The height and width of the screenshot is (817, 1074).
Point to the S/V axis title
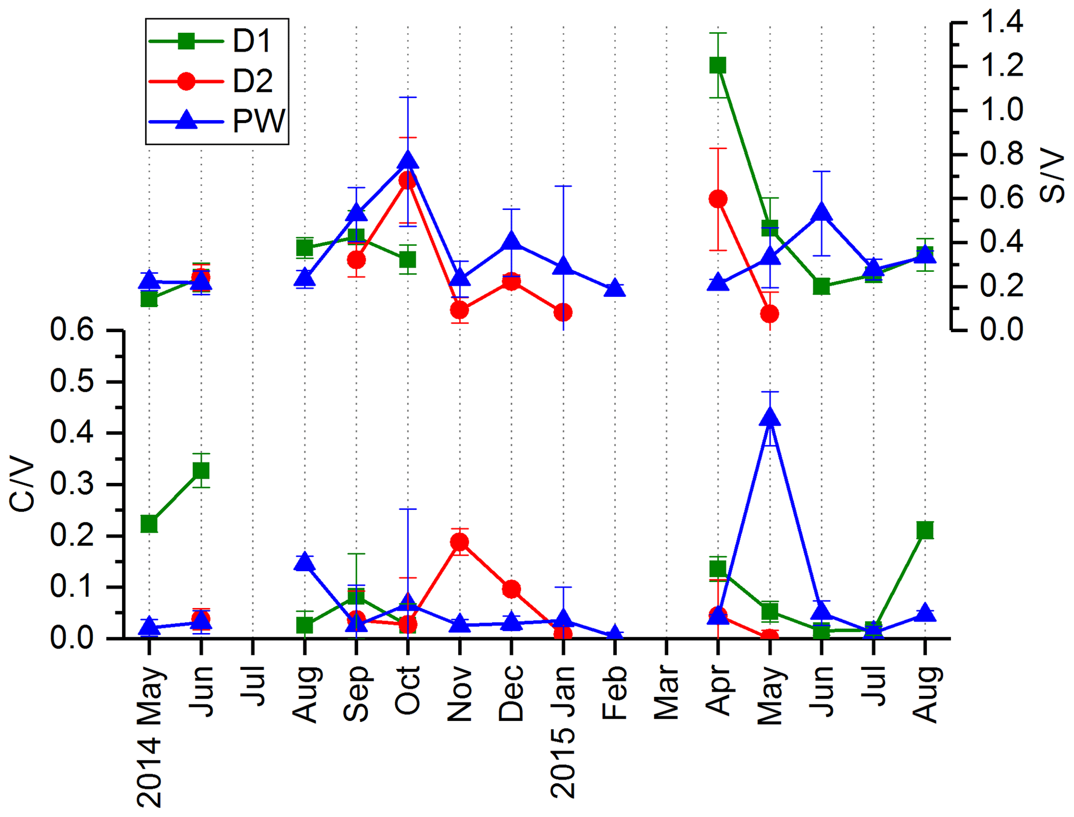click(1052, 176)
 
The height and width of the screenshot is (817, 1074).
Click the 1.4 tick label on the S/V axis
click(1001, 23)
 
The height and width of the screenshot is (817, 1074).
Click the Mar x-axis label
click(667, 694)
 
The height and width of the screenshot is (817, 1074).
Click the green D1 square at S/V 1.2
click(718, 65)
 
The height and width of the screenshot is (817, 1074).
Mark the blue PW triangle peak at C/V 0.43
click(770, 418)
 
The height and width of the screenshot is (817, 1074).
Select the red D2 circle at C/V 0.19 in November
click(459, 542)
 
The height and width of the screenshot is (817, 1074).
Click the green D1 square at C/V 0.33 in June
click(201, 470)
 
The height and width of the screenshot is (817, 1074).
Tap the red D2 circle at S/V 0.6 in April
click(718, 199)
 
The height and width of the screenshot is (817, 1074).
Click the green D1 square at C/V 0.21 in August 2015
click(925, 530)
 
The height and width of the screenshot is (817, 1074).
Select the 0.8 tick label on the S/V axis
click(1001, 154)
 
